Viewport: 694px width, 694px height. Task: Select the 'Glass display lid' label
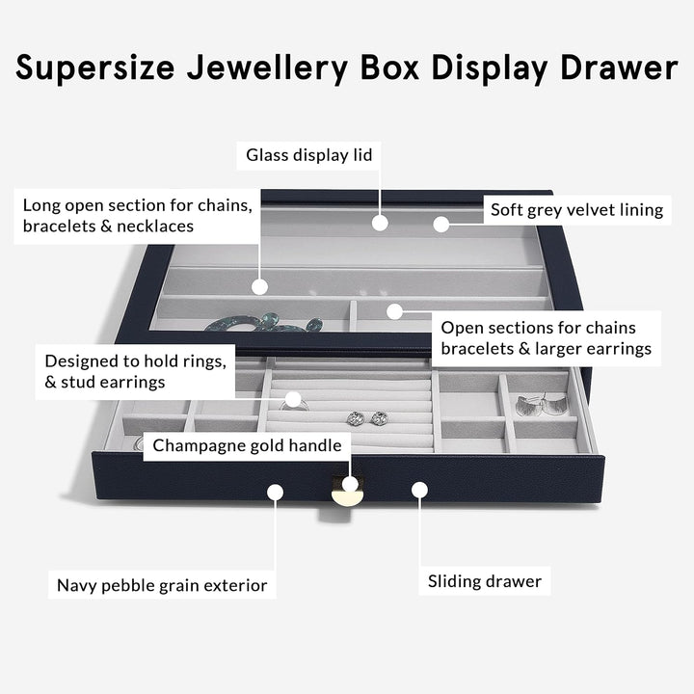(308, 154)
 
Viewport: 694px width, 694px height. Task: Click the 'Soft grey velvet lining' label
(576, 209)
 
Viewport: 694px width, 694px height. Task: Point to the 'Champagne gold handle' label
(247, 445)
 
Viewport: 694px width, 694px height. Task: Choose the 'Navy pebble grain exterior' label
(161, 585)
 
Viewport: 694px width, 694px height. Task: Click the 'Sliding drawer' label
(485, 581)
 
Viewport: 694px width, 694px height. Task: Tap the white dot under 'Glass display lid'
(380, 223)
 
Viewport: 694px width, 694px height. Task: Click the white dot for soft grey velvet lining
(441, 224)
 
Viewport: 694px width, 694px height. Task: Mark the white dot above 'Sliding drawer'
(419, 490)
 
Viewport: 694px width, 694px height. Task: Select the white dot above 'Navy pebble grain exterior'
(275, 492)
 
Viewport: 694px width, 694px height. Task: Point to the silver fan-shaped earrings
(540, 405)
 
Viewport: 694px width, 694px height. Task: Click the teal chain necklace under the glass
(260, 323)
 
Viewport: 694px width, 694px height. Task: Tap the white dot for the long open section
(259, 286)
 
